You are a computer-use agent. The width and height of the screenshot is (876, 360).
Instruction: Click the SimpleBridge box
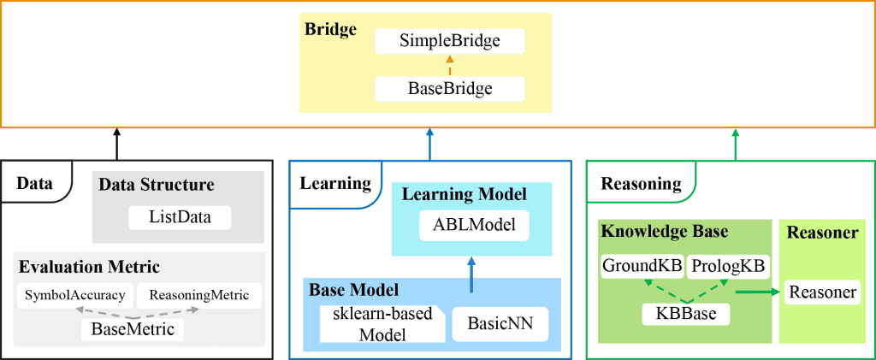pos(449,41)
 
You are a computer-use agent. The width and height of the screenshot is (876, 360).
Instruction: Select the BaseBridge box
pos(449,87)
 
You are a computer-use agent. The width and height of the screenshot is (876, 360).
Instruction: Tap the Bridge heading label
pos(330,29)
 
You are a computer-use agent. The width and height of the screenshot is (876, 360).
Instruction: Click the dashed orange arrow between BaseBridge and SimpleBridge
pos(449,64)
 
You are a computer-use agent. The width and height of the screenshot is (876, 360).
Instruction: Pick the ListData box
pos(181,217)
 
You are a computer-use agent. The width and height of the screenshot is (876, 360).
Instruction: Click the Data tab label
pos(34,183)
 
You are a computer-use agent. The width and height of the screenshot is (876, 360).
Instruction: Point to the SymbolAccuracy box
pos(74,295)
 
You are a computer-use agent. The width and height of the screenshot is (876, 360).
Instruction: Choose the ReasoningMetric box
pos(198,295)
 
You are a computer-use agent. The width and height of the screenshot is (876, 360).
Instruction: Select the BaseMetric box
pos(133,328)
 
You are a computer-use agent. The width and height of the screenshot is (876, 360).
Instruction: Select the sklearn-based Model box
pos(382,324)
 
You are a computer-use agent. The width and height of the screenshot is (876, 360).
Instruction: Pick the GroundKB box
pos(642,267)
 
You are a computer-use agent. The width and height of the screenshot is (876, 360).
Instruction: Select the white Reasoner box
pos(822,292)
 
